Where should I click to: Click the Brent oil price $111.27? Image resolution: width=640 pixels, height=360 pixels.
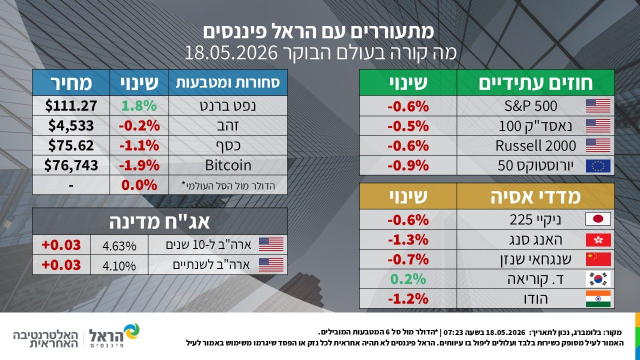coord(71,105)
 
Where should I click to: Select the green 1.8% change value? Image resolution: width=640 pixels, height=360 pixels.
coord(139,105)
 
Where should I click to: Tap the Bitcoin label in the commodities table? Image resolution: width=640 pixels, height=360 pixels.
coord(228,165)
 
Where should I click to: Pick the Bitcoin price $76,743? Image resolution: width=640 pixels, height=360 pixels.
coord(71,165)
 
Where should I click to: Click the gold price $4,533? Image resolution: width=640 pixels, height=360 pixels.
coord(71,125)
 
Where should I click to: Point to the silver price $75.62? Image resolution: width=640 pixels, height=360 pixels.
coord(71,145)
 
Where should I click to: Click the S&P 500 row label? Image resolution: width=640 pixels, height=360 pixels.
coord(530,106)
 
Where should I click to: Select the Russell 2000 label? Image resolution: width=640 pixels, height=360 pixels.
coord(535,145)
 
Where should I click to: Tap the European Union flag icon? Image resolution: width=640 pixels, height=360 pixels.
coord(598,166)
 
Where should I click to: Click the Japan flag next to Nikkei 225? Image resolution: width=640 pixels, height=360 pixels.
coord(598,219)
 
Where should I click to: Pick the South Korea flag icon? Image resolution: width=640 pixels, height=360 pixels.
coord(598,279)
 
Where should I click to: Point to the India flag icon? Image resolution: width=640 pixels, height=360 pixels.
coord(598,299)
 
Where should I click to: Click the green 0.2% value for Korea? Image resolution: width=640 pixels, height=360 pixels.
coord(408,279)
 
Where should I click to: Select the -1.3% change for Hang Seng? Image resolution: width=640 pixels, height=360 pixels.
coord(408,239)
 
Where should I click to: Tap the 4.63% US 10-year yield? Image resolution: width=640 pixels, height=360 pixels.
coord(119,245)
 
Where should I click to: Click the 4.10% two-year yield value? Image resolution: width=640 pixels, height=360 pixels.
coord(119,265)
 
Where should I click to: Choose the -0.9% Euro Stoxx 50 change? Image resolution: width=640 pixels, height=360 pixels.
coord(408,165)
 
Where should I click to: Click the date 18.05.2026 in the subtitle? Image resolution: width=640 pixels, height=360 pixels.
coord(231,53)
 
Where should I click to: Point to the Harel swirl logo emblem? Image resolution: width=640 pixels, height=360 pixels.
coord(131,331)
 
